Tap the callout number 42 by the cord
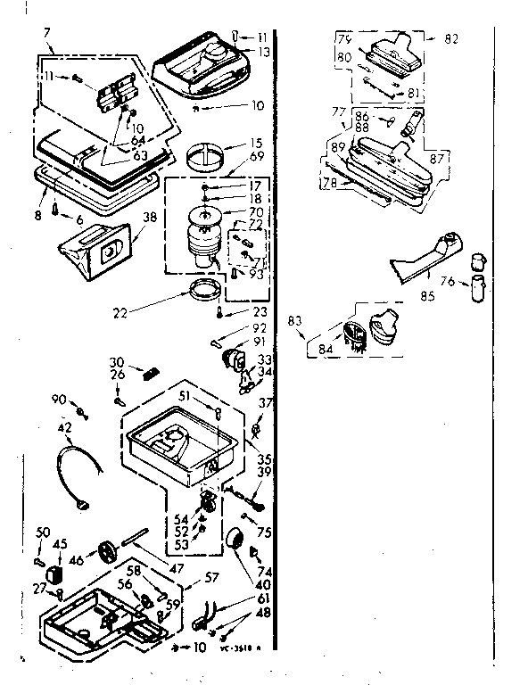(x=64, y=427)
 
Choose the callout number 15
(x=255, y=143)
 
